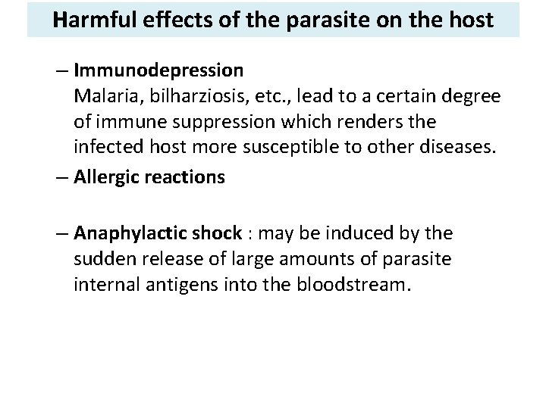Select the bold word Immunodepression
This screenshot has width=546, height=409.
pyautogui.click(x=158, y=71)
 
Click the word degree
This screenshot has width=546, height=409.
pyautogui.click(x=472, y=97)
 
